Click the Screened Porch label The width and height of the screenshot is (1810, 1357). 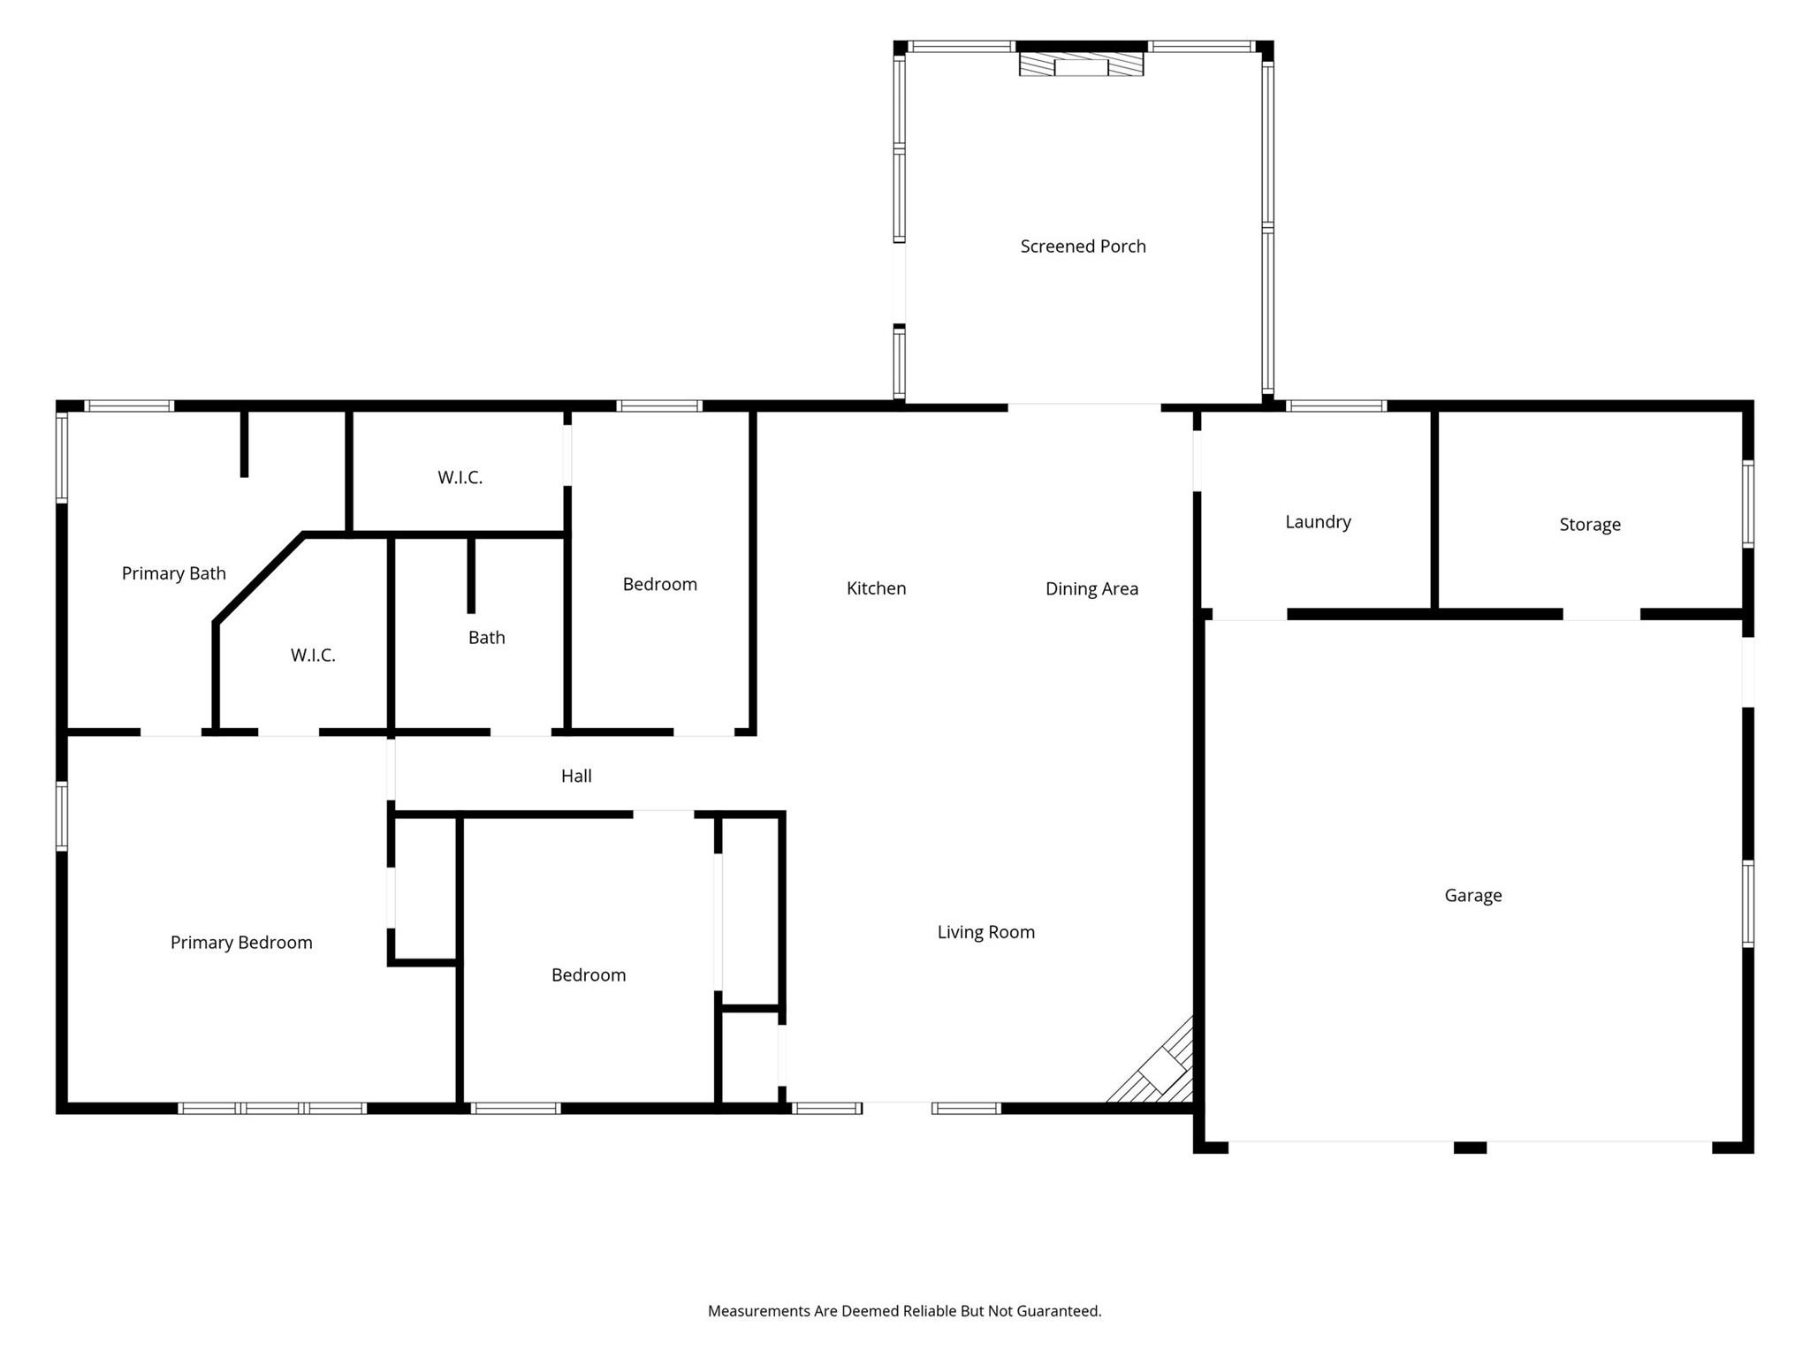(1083, 246)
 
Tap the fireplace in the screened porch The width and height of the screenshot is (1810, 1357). (1081, 64)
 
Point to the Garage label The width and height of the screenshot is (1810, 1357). (1473, 896)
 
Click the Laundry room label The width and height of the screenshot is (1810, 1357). (1318, 522)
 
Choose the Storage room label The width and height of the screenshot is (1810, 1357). (1590, 525)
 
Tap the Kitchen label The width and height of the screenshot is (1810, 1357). (876, 588)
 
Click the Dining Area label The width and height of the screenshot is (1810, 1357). (1091, 589)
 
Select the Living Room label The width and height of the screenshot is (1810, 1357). (985, 932)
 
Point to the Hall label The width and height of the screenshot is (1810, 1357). (576, 776)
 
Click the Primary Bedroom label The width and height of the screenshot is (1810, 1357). (241, 943)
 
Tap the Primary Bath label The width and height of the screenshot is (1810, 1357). (173, 573)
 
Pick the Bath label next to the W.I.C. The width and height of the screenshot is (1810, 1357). (486, 638)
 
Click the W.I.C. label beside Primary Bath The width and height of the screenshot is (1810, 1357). (313, 656)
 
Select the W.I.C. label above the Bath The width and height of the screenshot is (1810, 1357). (460, 478)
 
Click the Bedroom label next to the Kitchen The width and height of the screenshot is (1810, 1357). (659, 585)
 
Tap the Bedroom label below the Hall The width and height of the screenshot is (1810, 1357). (588, 975)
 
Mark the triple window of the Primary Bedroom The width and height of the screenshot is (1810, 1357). (272, 1108)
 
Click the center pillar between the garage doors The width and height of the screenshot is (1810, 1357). (1470, 1148)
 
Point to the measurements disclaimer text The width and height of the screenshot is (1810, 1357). (904, 1311)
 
